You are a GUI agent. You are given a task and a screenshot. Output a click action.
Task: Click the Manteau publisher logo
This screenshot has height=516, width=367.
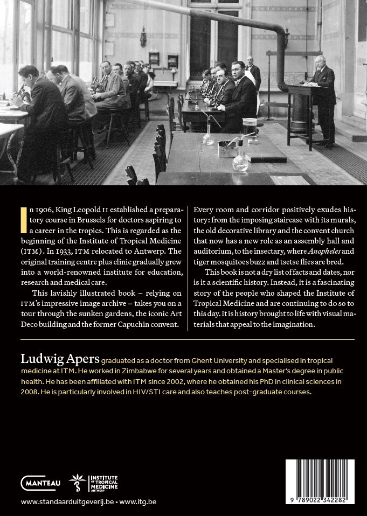point(40,483)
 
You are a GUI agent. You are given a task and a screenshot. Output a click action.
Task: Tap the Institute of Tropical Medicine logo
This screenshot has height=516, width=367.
point(94,483)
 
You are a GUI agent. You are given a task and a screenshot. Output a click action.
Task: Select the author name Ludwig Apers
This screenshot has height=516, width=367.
point(59,359)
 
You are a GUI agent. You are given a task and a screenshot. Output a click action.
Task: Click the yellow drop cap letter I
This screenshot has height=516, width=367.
point(23,219)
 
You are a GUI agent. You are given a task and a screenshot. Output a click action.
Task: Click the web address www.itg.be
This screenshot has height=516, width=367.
point(137,502)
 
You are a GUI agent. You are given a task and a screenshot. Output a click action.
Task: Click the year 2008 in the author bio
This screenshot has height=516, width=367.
point(31,392)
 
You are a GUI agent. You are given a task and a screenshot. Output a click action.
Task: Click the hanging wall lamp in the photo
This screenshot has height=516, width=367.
point(143,38)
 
